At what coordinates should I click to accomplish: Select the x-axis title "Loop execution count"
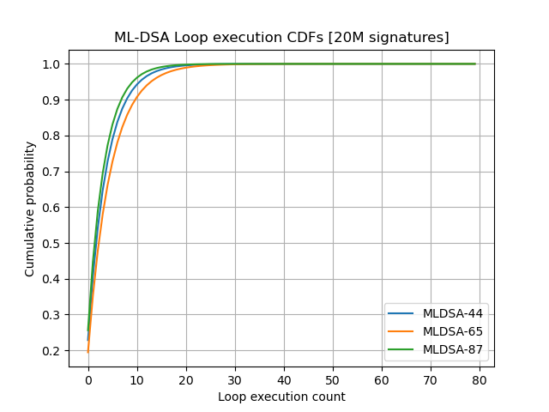281,397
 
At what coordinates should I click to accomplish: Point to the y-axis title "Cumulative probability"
30,209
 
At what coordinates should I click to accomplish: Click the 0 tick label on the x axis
88,379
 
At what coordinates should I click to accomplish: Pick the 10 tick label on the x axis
137,379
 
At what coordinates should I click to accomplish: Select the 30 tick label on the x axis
235,379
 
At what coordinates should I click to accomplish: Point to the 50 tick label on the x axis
333,379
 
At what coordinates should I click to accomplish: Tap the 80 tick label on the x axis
480,379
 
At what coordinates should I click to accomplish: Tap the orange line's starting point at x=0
88,351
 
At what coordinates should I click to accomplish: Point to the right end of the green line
474,64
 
